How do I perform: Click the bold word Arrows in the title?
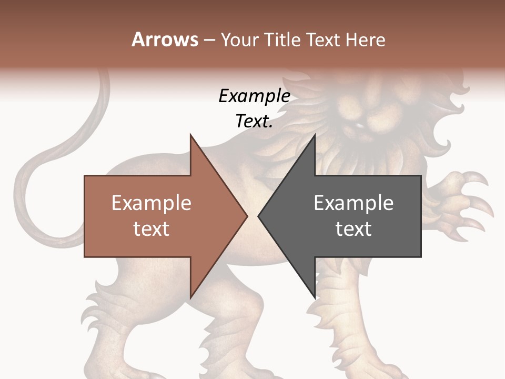pyautogui.click(x=165, y=39)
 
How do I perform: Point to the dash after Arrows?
pyautogui.click(x=209, y=40)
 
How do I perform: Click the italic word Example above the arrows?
pyautogui.click(x=254, y=96)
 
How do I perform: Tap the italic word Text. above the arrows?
pyautogui.click(x=254, y=121)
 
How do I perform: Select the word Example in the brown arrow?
pyautogui.click(x=151, y=203)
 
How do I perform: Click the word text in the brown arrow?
pyautogui.click(x=151, y=229)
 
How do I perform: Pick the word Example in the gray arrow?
pyautogui.click(x=353, y=203)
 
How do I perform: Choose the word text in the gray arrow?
pyautogui.click(x=353, y=229)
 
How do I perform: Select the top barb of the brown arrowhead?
pyautogui.click(x=191, y=138)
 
